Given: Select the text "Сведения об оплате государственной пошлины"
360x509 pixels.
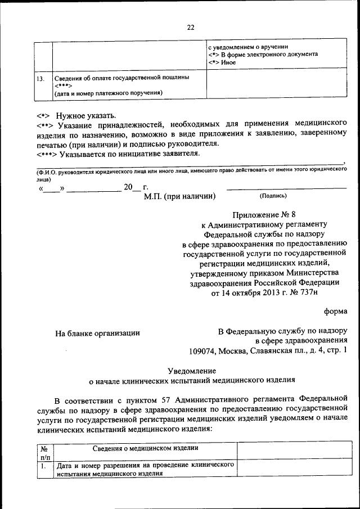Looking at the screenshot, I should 121,76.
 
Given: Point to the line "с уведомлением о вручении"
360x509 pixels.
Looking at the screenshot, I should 249,47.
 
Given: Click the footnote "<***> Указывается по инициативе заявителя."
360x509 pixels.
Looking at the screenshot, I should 118,153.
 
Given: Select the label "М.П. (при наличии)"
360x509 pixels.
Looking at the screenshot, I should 179,196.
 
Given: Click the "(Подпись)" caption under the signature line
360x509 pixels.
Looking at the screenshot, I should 273,196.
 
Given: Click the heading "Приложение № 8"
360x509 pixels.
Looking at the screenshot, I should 263,214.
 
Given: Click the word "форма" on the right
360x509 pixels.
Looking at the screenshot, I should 335,311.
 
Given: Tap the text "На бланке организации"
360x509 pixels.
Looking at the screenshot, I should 97,333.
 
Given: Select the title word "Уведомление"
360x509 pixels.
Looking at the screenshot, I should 191,370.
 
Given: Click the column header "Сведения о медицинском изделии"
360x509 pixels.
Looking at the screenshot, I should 145,448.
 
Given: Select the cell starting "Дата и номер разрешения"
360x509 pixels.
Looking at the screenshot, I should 144,470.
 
